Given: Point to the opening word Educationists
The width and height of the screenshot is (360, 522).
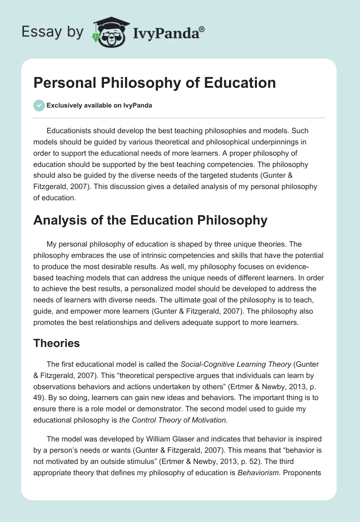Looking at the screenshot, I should [74, 130].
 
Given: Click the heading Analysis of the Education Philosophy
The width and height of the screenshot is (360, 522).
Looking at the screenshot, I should [150, 220].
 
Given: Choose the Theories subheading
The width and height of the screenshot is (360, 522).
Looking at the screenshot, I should [57, 343].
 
